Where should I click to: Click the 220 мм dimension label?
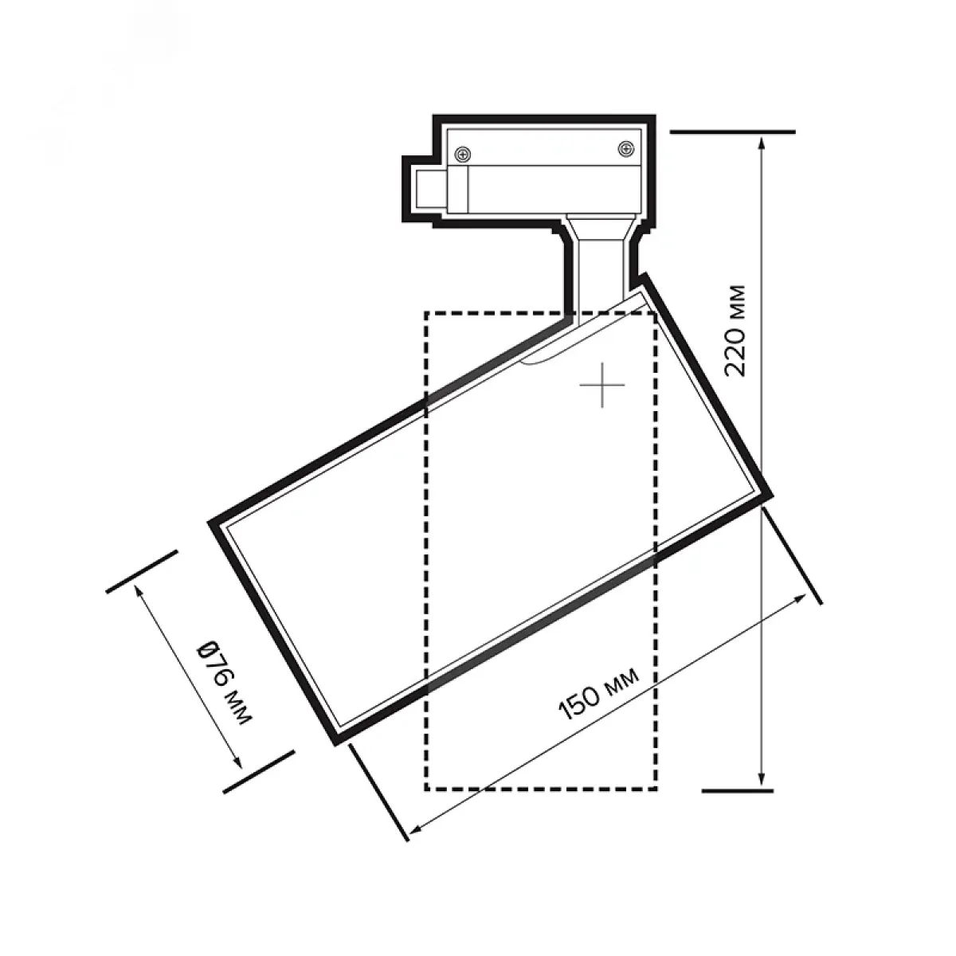click(x=735, y=331)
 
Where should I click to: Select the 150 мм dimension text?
click(x=599, y=695)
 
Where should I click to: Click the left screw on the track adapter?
click(x=463, y=155)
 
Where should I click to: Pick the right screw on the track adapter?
click(x=625, y=148)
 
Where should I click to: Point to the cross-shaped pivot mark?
click(x=602, y=385)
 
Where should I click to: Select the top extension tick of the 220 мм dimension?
click(x=733, y=132)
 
